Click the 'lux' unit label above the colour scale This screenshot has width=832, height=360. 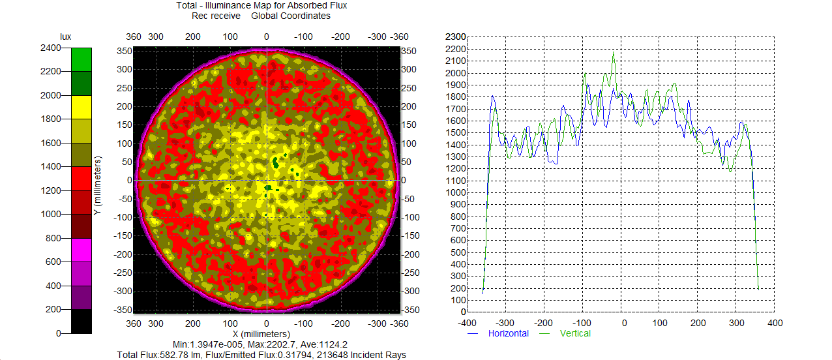[x=65, y=37]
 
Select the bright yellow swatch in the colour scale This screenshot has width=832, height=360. [x=81, y=107]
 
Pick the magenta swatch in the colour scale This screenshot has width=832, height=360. [x=81, y=250]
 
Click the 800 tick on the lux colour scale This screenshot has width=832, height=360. [x=53, y=238]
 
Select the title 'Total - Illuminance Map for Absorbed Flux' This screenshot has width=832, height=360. [x=261, y=6]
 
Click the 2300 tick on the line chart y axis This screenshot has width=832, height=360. [x=454, y=37]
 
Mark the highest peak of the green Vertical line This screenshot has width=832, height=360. [x=614, y=52]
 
